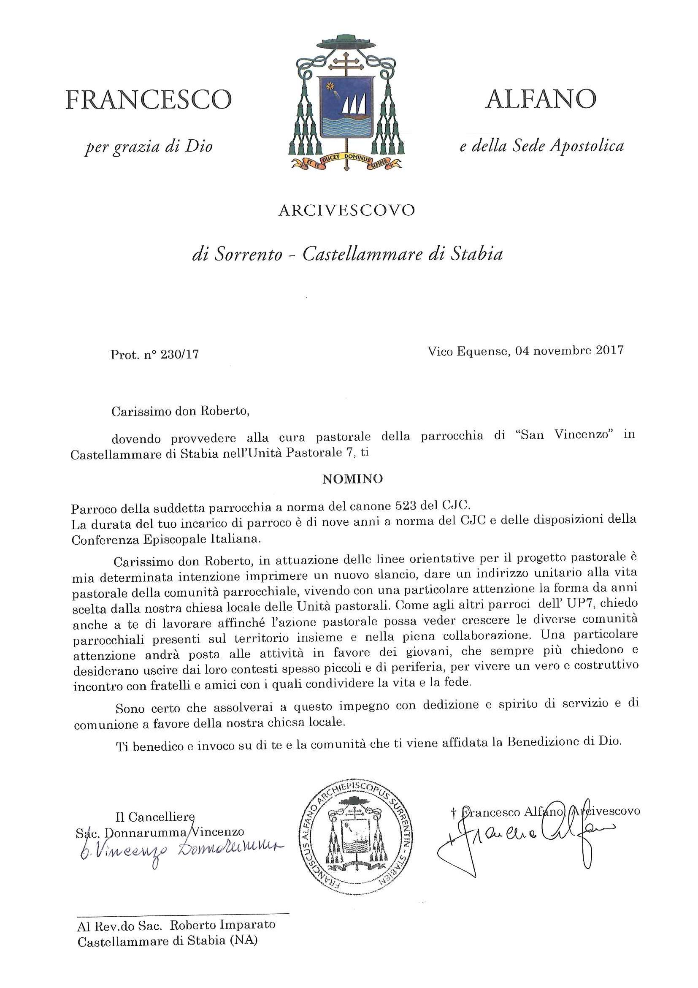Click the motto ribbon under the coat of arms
tap(346, 162)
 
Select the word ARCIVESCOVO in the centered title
tap(346, 210)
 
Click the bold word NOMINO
tap(352, 479)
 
